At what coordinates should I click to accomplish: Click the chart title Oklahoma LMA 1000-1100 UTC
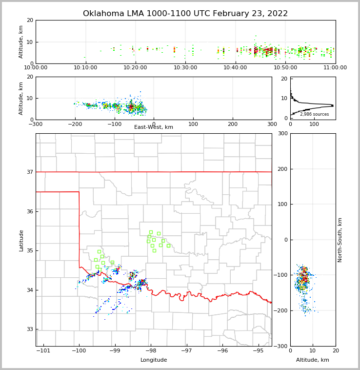click(x=185, y=14)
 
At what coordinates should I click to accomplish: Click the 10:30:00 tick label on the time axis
click(x=185, y=67)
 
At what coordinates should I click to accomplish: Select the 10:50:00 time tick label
click(x=285, y=67)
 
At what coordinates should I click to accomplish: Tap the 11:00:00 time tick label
click(x=335, y=67)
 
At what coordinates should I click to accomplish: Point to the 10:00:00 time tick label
click(x=36, y=67)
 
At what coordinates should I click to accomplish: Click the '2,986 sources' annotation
click(x=314, y=114)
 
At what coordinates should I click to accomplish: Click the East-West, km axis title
click(x=154, y=127)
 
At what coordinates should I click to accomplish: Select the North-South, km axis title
click(x=340, y=240)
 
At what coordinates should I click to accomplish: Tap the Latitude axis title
click(x=21, y=240)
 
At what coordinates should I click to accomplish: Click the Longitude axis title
click(x=154, y=360)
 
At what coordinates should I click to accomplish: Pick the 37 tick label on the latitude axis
click(x=30, y=172)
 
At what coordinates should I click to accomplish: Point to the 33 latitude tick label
click(x=30, y=329)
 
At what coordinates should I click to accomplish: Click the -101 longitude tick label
click(x=43, y=350)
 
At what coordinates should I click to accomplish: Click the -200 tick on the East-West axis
click(x=75, y=124)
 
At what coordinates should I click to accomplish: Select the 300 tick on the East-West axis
click(x=272, y=124)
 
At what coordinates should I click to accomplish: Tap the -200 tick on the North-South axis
click(x=281, y=311)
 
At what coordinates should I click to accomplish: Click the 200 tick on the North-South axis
click(x=282, y=169)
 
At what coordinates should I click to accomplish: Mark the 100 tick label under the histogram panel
click(x=314, y=124)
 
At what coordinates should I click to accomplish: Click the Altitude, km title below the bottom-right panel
click(x=313, y=360)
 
